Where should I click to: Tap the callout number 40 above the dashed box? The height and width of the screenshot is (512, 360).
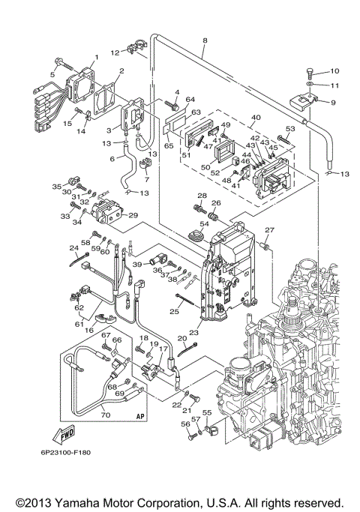256,117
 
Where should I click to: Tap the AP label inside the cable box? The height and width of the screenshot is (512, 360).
139,413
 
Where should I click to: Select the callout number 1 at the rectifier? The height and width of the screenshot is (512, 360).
96,58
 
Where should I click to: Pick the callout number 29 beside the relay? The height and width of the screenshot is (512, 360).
134,215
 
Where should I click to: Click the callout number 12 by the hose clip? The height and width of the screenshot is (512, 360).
115,53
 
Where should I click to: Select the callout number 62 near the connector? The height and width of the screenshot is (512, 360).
79,307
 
